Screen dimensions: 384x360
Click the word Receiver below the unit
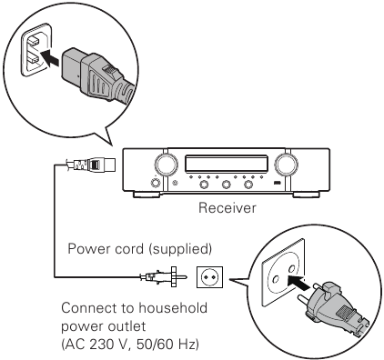(227, 208)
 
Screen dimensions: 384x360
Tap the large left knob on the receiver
(167, 165)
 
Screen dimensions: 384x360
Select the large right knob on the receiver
(286, 165)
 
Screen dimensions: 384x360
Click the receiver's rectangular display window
(227, 164)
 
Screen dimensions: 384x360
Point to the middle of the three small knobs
(227, 184)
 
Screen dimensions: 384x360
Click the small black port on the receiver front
(277, 183)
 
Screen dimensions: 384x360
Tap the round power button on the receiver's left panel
(156, 183)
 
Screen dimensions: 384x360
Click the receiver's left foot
(147, 195)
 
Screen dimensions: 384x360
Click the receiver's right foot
(306, 195)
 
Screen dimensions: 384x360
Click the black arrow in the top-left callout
(49, 58)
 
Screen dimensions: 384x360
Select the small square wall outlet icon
(209, 277)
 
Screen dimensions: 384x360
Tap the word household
(173, 308)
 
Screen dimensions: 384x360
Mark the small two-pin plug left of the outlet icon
(163, 276)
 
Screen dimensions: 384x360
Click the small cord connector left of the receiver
(91, 165)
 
